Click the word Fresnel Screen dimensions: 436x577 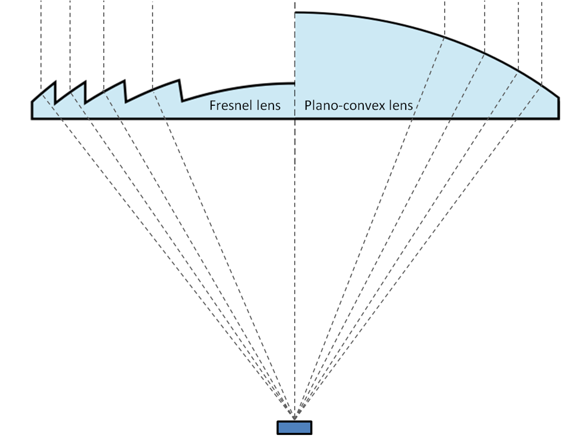click(x=228, y=105)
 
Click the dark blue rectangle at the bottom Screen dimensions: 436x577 click(x=294, y=427)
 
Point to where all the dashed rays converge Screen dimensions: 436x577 click(x=294, y=416)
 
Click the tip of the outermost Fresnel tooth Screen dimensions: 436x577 click(x=55, y=81)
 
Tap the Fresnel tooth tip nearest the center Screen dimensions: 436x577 click(x=180, y=79)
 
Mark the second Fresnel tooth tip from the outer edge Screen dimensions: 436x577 click(x=86, y=80)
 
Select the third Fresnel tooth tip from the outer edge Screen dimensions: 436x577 click(x=125, y=80)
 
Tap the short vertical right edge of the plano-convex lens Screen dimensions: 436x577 click(x=559, y=108)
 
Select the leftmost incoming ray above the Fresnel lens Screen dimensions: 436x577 click(x=40, y=42)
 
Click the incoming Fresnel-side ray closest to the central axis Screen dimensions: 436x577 click(x=153, y=42)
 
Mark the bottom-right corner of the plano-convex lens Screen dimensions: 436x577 click(x=559, y=119)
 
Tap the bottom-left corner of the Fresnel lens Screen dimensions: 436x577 click(x=32, y=119)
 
